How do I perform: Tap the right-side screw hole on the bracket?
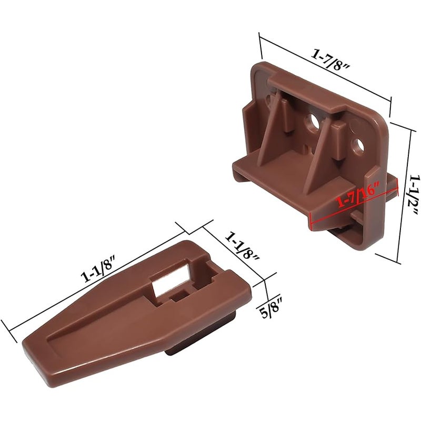coord(358,146)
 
